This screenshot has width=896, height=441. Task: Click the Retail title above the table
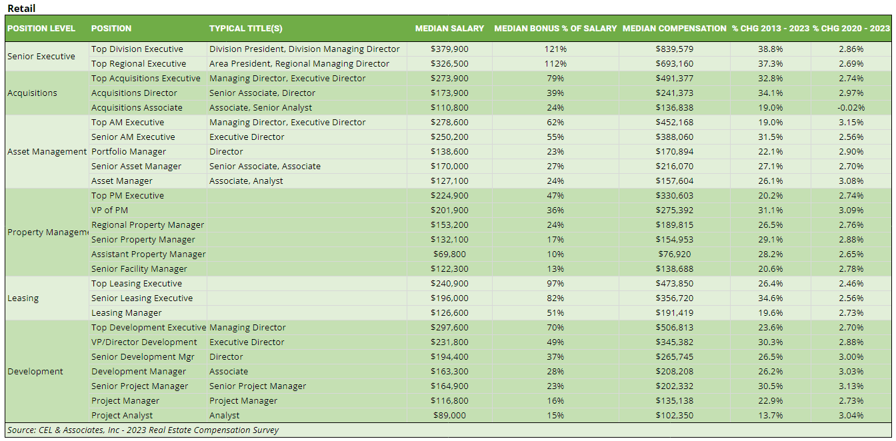[x=21, y=8]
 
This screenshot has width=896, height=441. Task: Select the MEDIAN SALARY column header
[x=449, y=29]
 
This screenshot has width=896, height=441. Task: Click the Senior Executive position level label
[x=41, y=57]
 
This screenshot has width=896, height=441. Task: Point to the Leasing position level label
[x=23, y=298]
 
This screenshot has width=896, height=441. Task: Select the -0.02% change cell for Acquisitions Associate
[x=851, y=108]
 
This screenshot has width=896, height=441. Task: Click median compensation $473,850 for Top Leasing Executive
[x=674, y=284]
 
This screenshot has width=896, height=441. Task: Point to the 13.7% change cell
[x=771, y=416]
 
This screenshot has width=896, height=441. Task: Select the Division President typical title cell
[x=305, y=49]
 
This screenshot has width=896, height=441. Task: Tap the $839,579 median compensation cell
[x=674, y=49]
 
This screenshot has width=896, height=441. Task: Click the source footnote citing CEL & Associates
[x=143, y=430]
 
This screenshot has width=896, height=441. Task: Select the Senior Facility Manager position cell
[x=139, y=269]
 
